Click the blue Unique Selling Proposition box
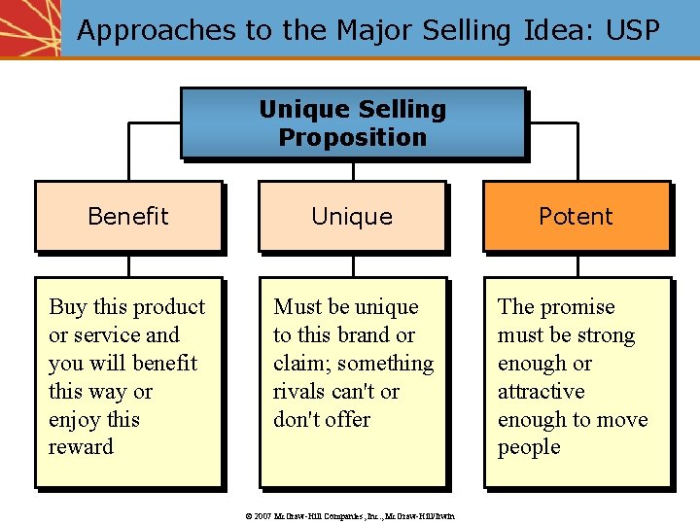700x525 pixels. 352,123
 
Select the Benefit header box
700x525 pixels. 128,216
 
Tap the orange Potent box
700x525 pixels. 576,216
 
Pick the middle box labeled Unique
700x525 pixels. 352,216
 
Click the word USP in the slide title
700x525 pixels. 632,30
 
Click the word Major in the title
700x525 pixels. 376,31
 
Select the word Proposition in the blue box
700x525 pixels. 352,137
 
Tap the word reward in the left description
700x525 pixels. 81,447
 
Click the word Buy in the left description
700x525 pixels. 67,307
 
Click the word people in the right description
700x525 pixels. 529,447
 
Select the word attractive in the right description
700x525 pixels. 541,392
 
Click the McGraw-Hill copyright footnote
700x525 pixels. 352,515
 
